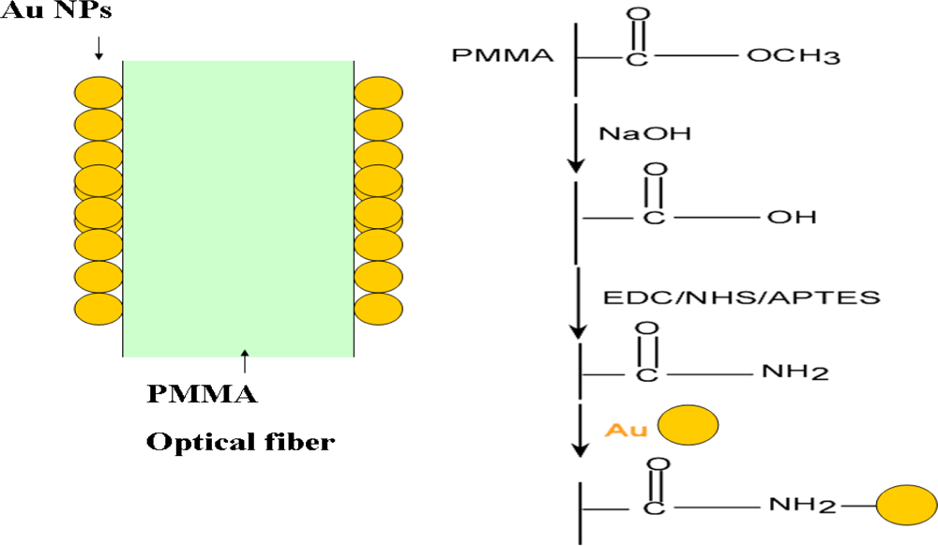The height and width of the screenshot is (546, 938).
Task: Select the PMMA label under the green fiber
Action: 202,394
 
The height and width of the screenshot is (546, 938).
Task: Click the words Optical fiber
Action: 239,441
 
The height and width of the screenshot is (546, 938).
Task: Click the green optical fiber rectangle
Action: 238,206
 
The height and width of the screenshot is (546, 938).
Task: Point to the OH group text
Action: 786,218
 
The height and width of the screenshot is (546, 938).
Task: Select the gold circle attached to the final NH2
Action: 905,506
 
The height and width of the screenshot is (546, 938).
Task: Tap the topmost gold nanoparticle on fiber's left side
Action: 99,92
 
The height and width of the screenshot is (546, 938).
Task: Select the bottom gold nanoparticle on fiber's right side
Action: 378,307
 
